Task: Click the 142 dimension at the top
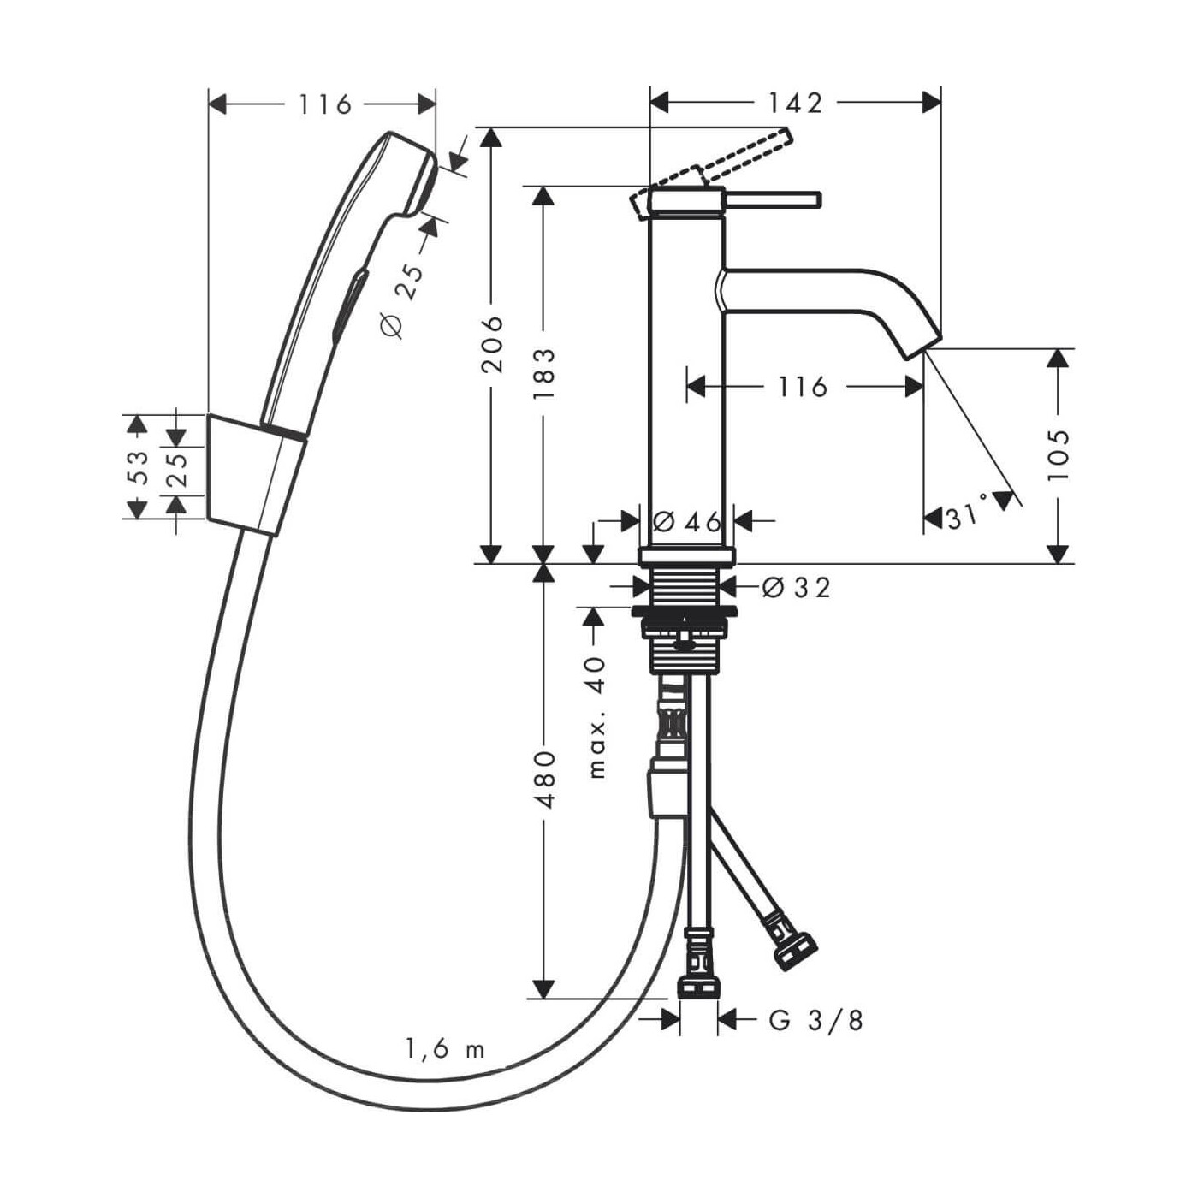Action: tap(794, 103)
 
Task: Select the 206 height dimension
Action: tap(491, 344)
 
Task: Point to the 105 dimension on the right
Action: tap(1059, 454)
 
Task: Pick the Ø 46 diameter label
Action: tap(686, 520)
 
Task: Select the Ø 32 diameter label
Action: tap(795, 588)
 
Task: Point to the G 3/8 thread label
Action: tap(815, 1020)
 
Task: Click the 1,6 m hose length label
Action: tap(445, 1048)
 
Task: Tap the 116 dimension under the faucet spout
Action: tap(802, 387)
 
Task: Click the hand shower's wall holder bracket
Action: tap(255, 475)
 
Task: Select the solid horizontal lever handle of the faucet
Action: tap(774, 199)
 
